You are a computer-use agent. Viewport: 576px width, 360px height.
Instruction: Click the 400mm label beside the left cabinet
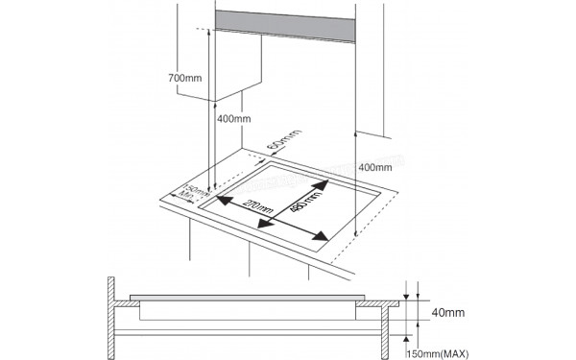tap(233, 119)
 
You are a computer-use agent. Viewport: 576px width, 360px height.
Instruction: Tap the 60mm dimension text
tap(276, 146)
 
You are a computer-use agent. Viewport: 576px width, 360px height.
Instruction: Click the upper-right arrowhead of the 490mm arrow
tap(325, 181)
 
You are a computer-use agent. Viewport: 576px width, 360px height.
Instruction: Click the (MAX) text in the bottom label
tap(455, 354)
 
